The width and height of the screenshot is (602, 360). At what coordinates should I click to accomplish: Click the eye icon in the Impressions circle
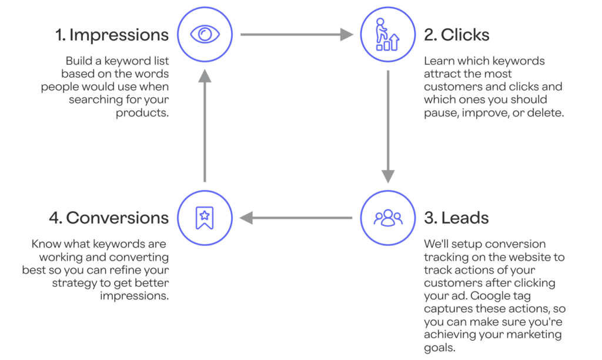(x=205, y=34)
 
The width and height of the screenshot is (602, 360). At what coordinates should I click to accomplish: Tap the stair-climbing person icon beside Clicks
(x=387, y=34)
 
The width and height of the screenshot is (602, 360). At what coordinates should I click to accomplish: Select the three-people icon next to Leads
(x=388, y=218)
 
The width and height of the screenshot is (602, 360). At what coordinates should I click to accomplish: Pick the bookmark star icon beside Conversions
(x=205, y=218)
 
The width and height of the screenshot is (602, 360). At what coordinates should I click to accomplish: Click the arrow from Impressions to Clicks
(x=297, y=35)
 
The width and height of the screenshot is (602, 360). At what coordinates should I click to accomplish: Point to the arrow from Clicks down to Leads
(x=388, y=127)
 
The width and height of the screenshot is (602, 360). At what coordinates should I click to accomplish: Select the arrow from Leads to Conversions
(x=296, y=218)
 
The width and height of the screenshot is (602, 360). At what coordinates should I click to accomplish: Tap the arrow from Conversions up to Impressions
(x=205, y=126)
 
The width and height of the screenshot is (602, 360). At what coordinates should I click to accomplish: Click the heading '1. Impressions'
(x=112, y=35)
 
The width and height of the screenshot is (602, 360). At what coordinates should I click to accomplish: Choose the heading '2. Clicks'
(x=456, y=35)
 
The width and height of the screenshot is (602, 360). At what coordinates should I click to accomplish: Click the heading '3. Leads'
(x=456, y=218)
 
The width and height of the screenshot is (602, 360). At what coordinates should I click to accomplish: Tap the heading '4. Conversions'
(x=109, y=218)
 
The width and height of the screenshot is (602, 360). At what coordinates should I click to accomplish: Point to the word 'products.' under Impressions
(x=142, y=114)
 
